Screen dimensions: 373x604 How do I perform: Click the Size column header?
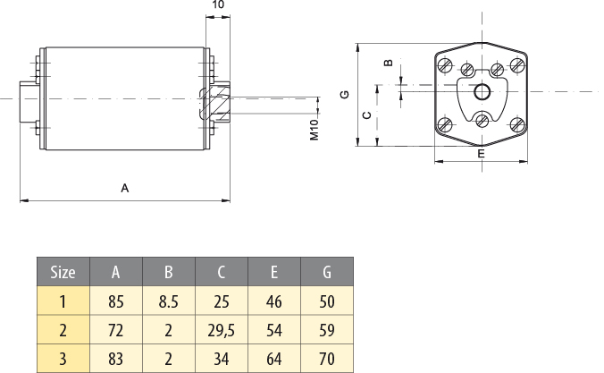tap(63, 272)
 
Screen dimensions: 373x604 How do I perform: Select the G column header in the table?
tap(326, 272)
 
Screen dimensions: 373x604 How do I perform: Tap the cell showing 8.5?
tap(168, 302)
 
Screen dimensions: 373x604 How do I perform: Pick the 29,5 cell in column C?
tap(221, 331)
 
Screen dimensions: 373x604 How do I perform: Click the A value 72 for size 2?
tap(116, 331)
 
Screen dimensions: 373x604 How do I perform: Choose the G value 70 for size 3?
tap(326, 359)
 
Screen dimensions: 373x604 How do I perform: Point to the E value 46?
tap(273, 302)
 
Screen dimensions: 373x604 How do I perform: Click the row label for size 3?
tap(63, 359)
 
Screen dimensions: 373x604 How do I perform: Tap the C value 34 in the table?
tap(221, 359)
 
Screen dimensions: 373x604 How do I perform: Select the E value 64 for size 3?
tap(273, 359)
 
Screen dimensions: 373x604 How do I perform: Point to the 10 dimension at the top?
tap(218, 5)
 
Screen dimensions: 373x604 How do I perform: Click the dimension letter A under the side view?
tap(125, 189)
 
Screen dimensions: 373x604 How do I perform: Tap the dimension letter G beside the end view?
tap(344, 94)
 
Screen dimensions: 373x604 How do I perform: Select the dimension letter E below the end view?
tap(482, 154)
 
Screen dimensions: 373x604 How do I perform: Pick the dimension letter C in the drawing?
tap(365, 115)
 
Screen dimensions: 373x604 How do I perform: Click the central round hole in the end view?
tap(482, 90)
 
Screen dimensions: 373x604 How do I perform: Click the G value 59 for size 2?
tap(326, 331)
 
